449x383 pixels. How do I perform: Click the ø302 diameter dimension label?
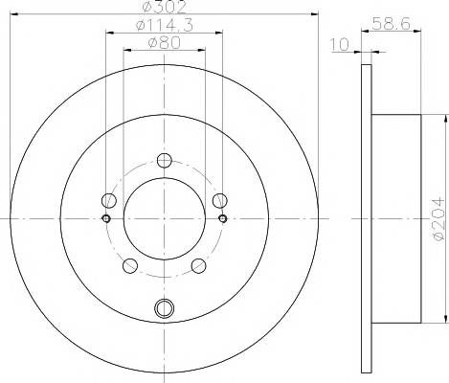pyautogui.click(x=164, y=7)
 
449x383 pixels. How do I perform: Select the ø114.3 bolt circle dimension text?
pyautogui.click(x=165, y=25)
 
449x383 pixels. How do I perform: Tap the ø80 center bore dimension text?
pyautogui.click(x=165, y=43)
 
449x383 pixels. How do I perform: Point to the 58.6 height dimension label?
pyautogui.click(x=391, y=24)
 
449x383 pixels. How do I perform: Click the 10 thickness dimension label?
pyautogui.click(x=340, y=45)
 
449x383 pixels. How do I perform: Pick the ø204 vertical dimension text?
pyautogui.click(x=438, y=219)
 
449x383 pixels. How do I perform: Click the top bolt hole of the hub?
pyautogui.click(x=165, y=161)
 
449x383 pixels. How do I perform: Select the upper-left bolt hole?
pyautogui.click(x=109, y=200)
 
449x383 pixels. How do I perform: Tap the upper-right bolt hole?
pyautogui.click(x=220, y=200)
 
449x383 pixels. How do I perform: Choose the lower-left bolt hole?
pyautogui.click(x=130, y=266)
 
